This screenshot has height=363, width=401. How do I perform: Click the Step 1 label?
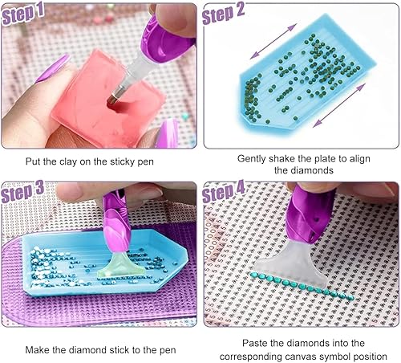click(22, 14)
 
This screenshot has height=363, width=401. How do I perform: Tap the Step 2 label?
click(223, 14)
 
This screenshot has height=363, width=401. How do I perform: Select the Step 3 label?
click(22, 191)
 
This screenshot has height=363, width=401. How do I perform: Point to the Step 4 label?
click(223, 191)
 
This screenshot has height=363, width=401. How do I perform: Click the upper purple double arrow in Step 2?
click(273, 42)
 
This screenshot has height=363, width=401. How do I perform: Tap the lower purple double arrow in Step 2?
click(339, 105)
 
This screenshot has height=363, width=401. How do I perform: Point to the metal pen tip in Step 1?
click(115, 97)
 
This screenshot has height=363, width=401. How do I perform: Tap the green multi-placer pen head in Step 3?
click(124, 264)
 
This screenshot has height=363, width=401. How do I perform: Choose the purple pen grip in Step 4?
click(310, 214)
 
